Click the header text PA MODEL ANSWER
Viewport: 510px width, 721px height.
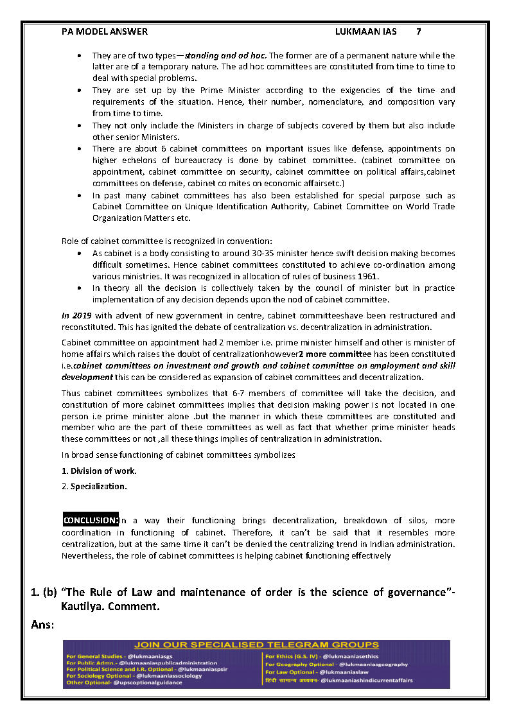click(x=105, y=31)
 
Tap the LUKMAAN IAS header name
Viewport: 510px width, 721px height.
click(x=365, y=31)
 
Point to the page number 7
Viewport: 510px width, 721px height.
click(x=419, y=31)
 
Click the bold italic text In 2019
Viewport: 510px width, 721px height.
click(x=74, y=315)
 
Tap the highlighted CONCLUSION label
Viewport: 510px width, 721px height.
click(x=90, y=521)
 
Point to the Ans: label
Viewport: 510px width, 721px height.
click(x=42, y=624)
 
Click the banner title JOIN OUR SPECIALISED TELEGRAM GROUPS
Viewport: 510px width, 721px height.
click(x=256, y=645)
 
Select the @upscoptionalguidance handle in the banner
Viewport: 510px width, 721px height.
click(x=148, y=682)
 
